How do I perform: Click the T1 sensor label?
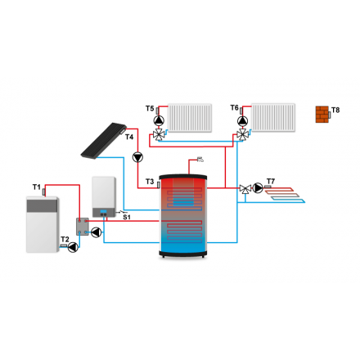[37, 187]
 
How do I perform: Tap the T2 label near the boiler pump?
[65, 239]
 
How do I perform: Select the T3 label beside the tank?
[150, 182]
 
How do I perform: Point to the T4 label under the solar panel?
[129, 137]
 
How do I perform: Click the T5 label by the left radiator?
[150, 108]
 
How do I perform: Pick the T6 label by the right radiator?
[235, 107]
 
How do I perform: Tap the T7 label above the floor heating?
[271, 181]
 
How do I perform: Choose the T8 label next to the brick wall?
[335, 110]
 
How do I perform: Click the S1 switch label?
[127, 217]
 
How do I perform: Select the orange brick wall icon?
[322, 115]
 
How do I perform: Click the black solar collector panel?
[104, 141]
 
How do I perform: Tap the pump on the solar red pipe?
[137, 157]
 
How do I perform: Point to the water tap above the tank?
[200, 159]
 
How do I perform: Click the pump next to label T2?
[73, 247]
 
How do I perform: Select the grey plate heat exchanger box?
[83, 227]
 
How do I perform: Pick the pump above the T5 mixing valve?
[159, 120]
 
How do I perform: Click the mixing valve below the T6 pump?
[242, 134]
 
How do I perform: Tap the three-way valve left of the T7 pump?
[245, 189]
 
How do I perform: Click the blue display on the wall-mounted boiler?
[103, 211]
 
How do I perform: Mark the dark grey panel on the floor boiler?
[42, 205]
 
